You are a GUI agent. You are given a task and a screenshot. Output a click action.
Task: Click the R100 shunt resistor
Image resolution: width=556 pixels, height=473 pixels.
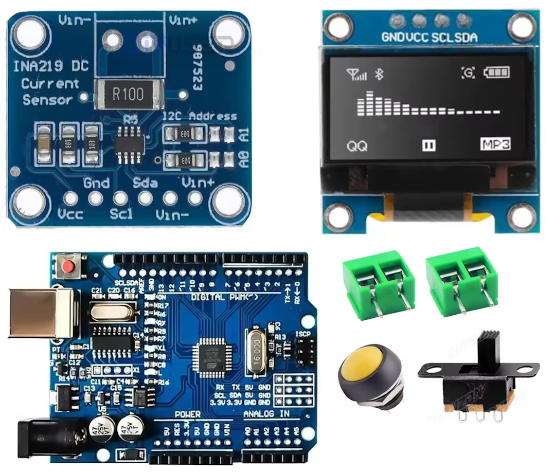129,93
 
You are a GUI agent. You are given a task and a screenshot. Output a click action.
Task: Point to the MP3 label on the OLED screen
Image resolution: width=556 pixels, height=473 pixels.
495,144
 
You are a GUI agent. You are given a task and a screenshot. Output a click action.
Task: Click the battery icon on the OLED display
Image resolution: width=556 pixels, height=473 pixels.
498,73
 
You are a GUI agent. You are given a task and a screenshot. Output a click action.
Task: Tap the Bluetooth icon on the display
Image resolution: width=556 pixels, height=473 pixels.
379,74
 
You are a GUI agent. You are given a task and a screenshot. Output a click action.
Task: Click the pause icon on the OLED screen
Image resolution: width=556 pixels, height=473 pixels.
428,145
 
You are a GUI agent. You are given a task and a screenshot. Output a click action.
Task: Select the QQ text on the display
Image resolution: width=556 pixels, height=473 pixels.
357,146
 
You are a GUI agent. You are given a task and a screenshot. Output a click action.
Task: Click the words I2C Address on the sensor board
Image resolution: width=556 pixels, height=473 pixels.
200,116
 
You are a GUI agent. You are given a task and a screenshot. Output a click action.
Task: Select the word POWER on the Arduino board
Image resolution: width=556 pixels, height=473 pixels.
187,414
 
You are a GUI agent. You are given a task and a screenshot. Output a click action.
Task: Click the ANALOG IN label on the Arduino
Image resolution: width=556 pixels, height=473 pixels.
266,414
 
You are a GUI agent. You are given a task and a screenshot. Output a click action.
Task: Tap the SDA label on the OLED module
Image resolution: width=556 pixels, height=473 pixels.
465,37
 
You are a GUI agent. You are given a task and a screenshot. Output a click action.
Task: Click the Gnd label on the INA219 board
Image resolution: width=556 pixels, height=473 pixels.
96,183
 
